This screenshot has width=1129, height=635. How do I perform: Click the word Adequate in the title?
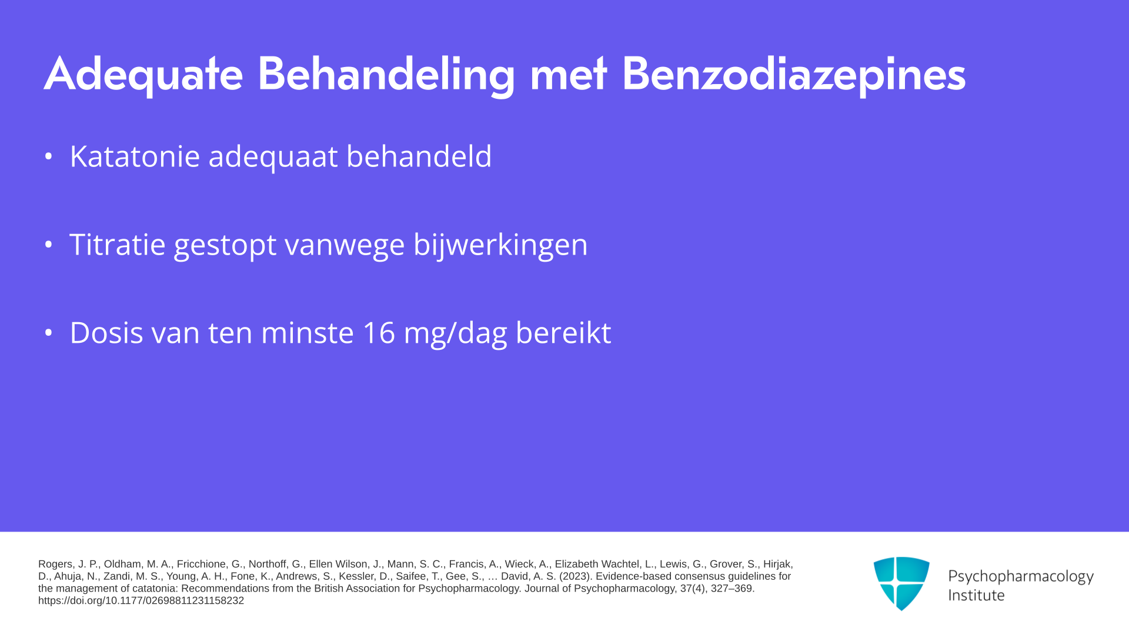tap(143, 75)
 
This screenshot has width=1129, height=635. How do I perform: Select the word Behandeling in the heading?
tap(386, 75)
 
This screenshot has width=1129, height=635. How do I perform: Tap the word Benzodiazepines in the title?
tap(794, 75)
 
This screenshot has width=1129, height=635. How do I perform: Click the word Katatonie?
tap(135, 156)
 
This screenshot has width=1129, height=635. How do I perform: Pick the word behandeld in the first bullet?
tap(419, 156)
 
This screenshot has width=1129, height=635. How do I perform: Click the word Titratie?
tap(117, 244)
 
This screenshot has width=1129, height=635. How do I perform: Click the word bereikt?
tap(563, 332)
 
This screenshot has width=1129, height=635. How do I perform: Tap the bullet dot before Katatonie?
tap(49, 156)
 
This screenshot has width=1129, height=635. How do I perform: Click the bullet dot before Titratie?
tap(49, 245)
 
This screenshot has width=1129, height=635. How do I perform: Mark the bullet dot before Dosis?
tap(49, 333)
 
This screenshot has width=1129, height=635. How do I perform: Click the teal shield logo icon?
tap(901, 583)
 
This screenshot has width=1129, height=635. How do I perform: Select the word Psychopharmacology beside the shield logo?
tap(1021, 577)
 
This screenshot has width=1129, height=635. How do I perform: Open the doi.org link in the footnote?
tap(141, 601)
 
